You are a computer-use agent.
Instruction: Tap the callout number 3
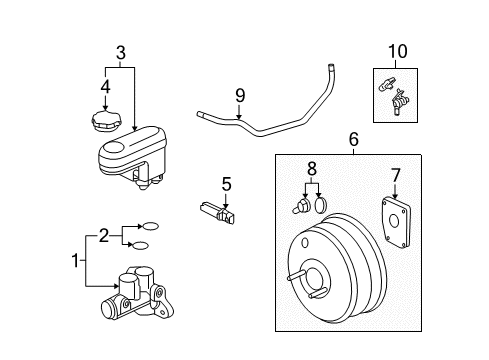(x=120, y=52)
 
